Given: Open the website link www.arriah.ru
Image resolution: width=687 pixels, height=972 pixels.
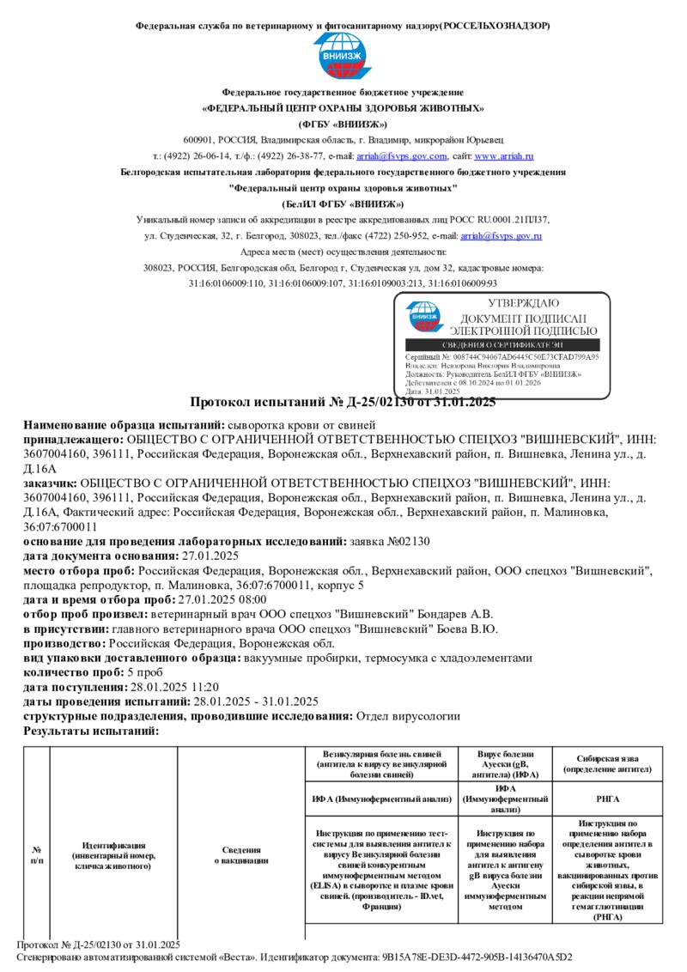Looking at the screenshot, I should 504,156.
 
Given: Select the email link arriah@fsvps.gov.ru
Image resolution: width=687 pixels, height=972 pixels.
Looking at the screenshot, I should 501,235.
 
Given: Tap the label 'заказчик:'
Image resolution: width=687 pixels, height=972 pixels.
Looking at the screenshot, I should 55,484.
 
